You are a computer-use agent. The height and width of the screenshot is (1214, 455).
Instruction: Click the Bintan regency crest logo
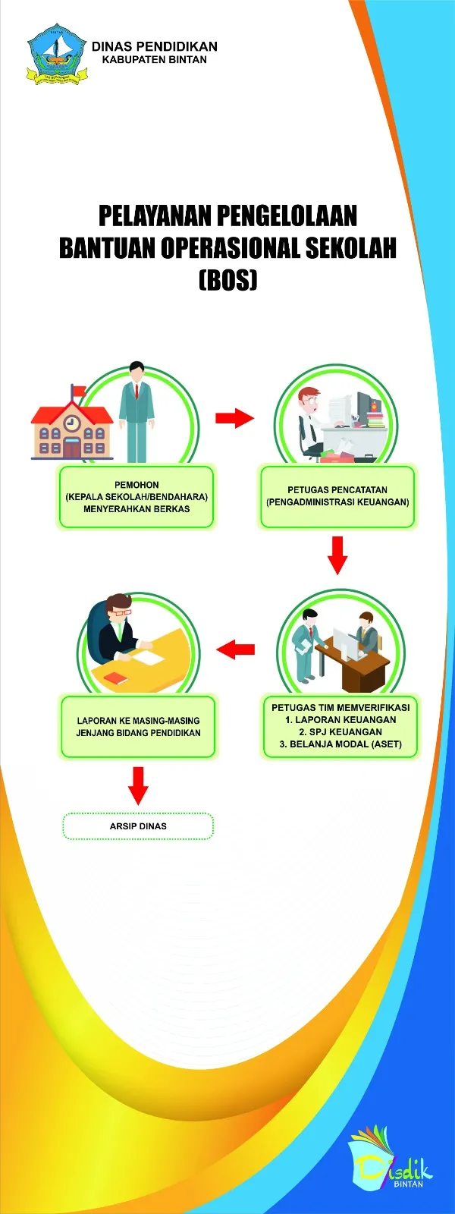pos(55,53)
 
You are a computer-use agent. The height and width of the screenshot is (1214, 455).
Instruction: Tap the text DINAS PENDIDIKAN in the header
pos(155,46)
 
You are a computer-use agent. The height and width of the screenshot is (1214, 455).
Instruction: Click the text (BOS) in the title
pos(227,280)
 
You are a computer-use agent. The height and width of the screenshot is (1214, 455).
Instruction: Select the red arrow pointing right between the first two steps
pos(234,418)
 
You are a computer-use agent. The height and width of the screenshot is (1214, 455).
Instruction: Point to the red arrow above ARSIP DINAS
pos(138,785)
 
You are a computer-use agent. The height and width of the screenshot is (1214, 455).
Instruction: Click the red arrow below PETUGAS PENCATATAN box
pos(337,555)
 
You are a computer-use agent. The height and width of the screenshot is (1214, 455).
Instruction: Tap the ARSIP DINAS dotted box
pos(138,826)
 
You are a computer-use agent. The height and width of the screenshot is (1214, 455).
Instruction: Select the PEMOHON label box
pos(136,497)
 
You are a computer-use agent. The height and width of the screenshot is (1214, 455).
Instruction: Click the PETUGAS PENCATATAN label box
pos(337,497)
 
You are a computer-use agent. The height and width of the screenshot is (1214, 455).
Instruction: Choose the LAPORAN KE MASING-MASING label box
pos(138,727)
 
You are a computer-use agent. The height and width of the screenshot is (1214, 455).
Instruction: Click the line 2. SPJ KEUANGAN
pos(340,732)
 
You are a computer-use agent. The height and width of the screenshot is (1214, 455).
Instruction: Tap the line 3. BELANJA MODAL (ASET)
pos(340,744)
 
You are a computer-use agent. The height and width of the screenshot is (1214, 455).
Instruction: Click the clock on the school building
pos(71,423)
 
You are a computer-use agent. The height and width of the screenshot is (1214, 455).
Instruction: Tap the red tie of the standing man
pos(136,392)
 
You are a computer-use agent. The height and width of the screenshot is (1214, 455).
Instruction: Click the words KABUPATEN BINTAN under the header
pos(155,60)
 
